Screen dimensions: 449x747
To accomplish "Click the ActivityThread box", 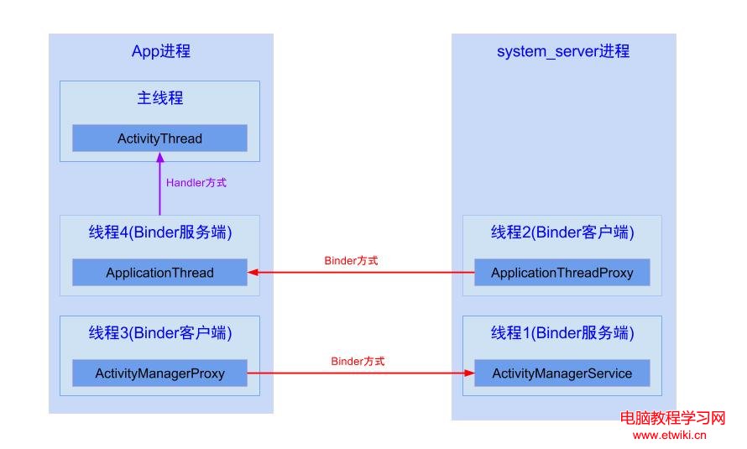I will (159, 138).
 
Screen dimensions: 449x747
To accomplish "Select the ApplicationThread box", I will (159, 273).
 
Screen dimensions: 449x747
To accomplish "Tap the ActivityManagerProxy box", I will (159, 373).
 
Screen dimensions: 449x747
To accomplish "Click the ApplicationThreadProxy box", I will (562, 273).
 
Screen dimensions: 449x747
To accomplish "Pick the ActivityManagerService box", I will (562, 373).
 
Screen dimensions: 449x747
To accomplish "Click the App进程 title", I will (161, 51).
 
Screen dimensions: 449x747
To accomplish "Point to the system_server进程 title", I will (562, 51).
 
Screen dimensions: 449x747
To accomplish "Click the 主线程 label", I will (159, 98).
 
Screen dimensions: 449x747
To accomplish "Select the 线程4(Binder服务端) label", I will (159, 232).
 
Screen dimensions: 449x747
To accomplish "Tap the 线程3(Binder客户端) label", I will (159, 333).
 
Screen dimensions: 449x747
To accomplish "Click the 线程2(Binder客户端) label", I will (562, 232).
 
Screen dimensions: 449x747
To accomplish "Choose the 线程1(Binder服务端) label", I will (562, 333).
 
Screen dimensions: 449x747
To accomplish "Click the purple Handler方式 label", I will (196, 182).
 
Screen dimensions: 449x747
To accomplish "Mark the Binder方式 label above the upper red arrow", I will (351, 261).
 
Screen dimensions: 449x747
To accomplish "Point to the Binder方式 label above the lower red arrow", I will (358, 362).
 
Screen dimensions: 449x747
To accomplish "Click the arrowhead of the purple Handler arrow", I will (159, 156).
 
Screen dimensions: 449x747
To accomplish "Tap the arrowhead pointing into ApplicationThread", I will (253, 273).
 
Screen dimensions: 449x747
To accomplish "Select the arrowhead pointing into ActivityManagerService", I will (469, 373).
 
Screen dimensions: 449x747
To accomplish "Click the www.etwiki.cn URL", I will (669, 435).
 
